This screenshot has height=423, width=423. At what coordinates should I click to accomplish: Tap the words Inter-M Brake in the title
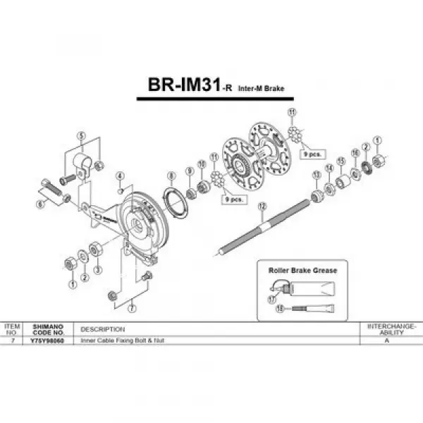tap(260, 89)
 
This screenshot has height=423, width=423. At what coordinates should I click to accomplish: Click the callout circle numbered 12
tap(262, 206)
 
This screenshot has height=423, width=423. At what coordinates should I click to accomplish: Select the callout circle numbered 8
tap(171, 174)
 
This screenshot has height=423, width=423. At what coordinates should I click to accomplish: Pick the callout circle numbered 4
tap(120, 176)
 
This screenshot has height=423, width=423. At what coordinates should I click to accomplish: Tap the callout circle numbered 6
tap(40, 203)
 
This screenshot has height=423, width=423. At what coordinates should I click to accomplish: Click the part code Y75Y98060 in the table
tap(48, 341)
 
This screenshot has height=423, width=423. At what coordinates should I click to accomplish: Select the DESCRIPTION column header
tap(103, 329)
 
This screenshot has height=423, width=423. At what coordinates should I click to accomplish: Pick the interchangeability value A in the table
tap(386, 341)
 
